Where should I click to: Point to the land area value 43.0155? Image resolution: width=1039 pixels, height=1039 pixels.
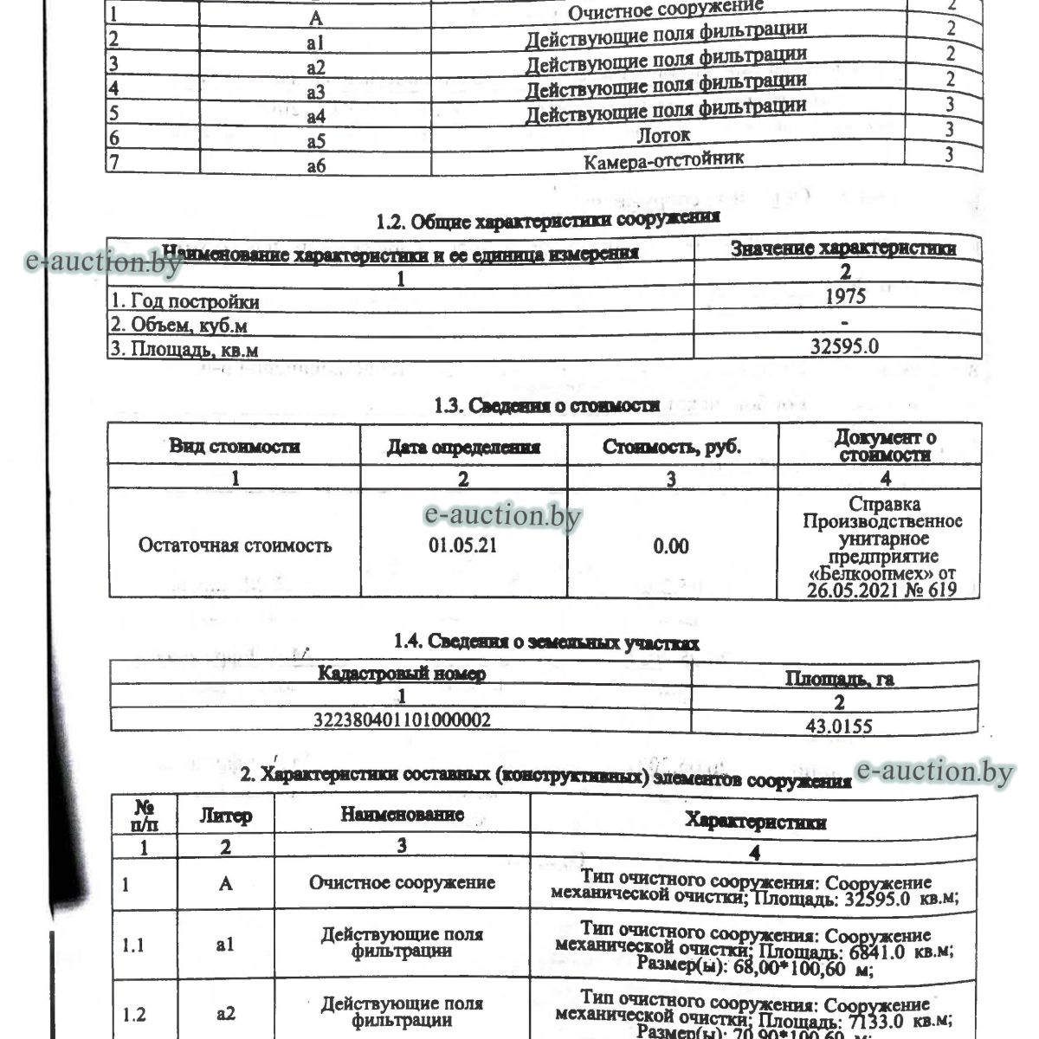838,726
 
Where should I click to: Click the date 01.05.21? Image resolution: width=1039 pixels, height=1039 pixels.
462,545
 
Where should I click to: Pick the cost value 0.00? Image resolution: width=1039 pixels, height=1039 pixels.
671,546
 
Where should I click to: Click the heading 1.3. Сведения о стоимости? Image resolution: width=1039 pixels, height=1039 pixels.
546,405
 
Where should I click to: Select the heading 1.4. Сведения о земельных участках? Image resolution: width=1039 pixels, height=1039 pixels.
546,642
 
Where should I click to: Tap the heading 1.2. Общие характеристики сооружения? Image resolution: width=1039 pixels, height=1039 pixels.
547,220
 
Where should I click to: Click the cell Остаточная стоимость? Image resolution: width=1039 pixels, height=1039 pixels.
235,545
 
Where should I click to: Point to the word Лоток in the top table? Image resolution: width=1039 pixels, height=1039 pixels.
663,135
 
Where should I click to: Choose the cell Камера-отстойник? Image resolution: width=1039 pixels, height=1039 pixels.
663,160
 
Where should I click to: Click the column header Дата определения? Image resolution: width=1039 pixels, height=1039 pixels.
463,448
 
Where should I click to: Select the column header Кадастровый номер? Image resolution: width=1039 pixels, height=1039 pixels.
402,674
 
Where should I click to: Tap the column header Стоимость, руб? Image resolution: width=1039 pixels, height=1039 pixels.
672,448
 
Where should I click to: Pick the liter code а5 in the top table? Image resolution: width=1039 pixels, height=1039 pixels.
316,140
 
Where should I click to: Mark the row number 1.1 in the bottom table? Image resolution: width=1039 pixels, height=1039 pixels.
133,945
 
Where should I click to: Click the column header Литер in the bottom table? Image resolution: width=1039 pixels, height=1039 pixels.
226,816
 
